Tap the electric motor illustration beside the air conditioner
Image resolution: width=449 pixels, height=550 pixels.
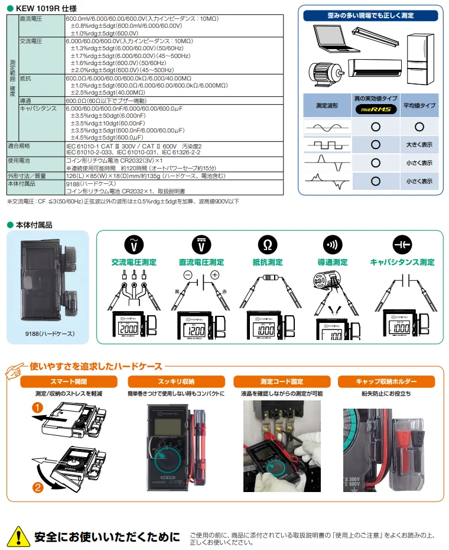(x=324, y=74)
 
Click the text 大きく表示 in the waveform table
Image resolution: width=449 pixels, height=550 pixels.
(x=419, y=144)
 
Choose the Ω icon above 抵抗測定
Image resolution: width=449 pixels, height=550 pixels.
(x=268, y=245)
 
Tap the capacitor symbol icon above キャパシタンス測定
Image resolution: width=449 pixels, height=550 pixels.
(x=402, y=245)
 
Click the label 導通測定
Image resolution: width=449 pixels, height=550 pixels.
(x=334, y=262)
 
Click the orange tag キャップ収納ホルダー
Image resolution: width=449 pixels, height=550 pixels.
(x=386, y=381)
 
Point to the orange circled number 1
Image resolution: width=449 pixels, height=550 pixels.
(x=37, y=408)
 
